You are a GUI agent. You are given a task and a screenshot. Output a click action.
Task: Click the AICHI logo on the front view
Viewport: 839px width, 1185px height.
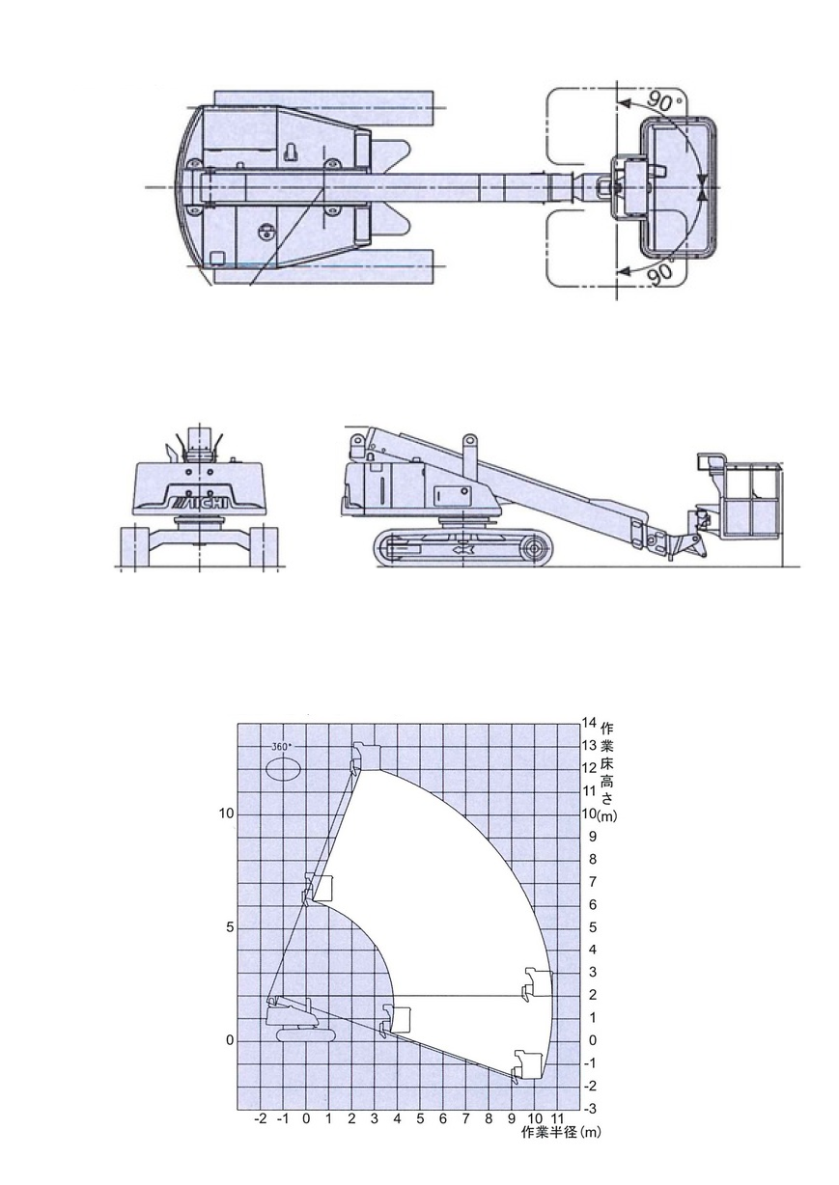(x=200, y=502)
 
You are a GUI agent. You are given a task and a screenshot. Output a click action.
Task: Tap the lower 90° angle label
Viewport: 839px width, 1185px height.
(x=659, y=273)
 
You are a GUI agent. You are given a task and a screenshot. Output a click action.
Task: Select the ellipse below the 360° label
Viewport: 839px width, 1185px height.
(x=283, y=767)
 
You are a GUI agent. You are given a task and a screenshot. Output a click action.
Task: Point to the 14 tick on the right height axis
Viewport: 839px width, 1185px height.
(x=589, y=722)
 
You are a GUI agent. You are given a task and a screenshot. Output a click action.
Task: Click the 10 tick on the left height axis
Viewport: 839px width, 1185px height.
(x=226, y=813)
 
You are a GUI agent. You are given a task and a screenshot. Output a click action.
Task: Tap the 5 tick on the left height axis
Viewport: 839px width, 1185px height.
(x=230, y=927)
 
